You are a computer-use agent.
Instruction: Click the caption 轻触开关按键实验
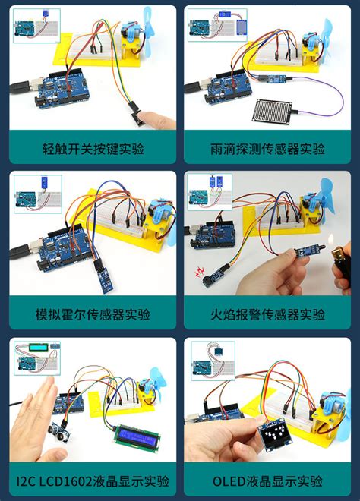coord(93,149)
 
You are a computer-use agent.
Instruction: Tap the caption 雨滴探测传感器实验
coord(267,149)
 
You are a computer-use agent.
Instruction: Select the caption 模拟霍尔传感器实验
coord(93,314)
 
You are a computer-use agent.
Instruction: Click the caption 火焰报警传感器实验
coord(267,314)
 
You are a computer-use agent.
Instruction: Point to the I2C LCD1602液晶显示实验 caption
coord(93,481)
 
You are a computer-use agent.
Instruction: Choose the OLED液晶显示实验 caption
coord(267,481)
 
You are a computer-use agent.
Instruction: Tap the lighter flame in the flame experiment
coord(331,238)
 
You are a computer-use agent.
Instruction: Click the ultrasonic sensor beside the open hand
coord(58,432)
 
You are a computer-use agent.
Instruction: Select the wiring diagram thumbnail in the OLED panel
coord(213,361)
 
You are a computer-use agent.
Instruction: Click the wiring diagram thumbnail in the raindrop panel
coord(217,25)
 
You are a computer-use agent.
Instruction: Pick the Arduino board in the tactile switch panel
coord(61,89)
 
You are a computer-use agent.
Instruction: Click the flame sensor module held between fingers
coord(305,253)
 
